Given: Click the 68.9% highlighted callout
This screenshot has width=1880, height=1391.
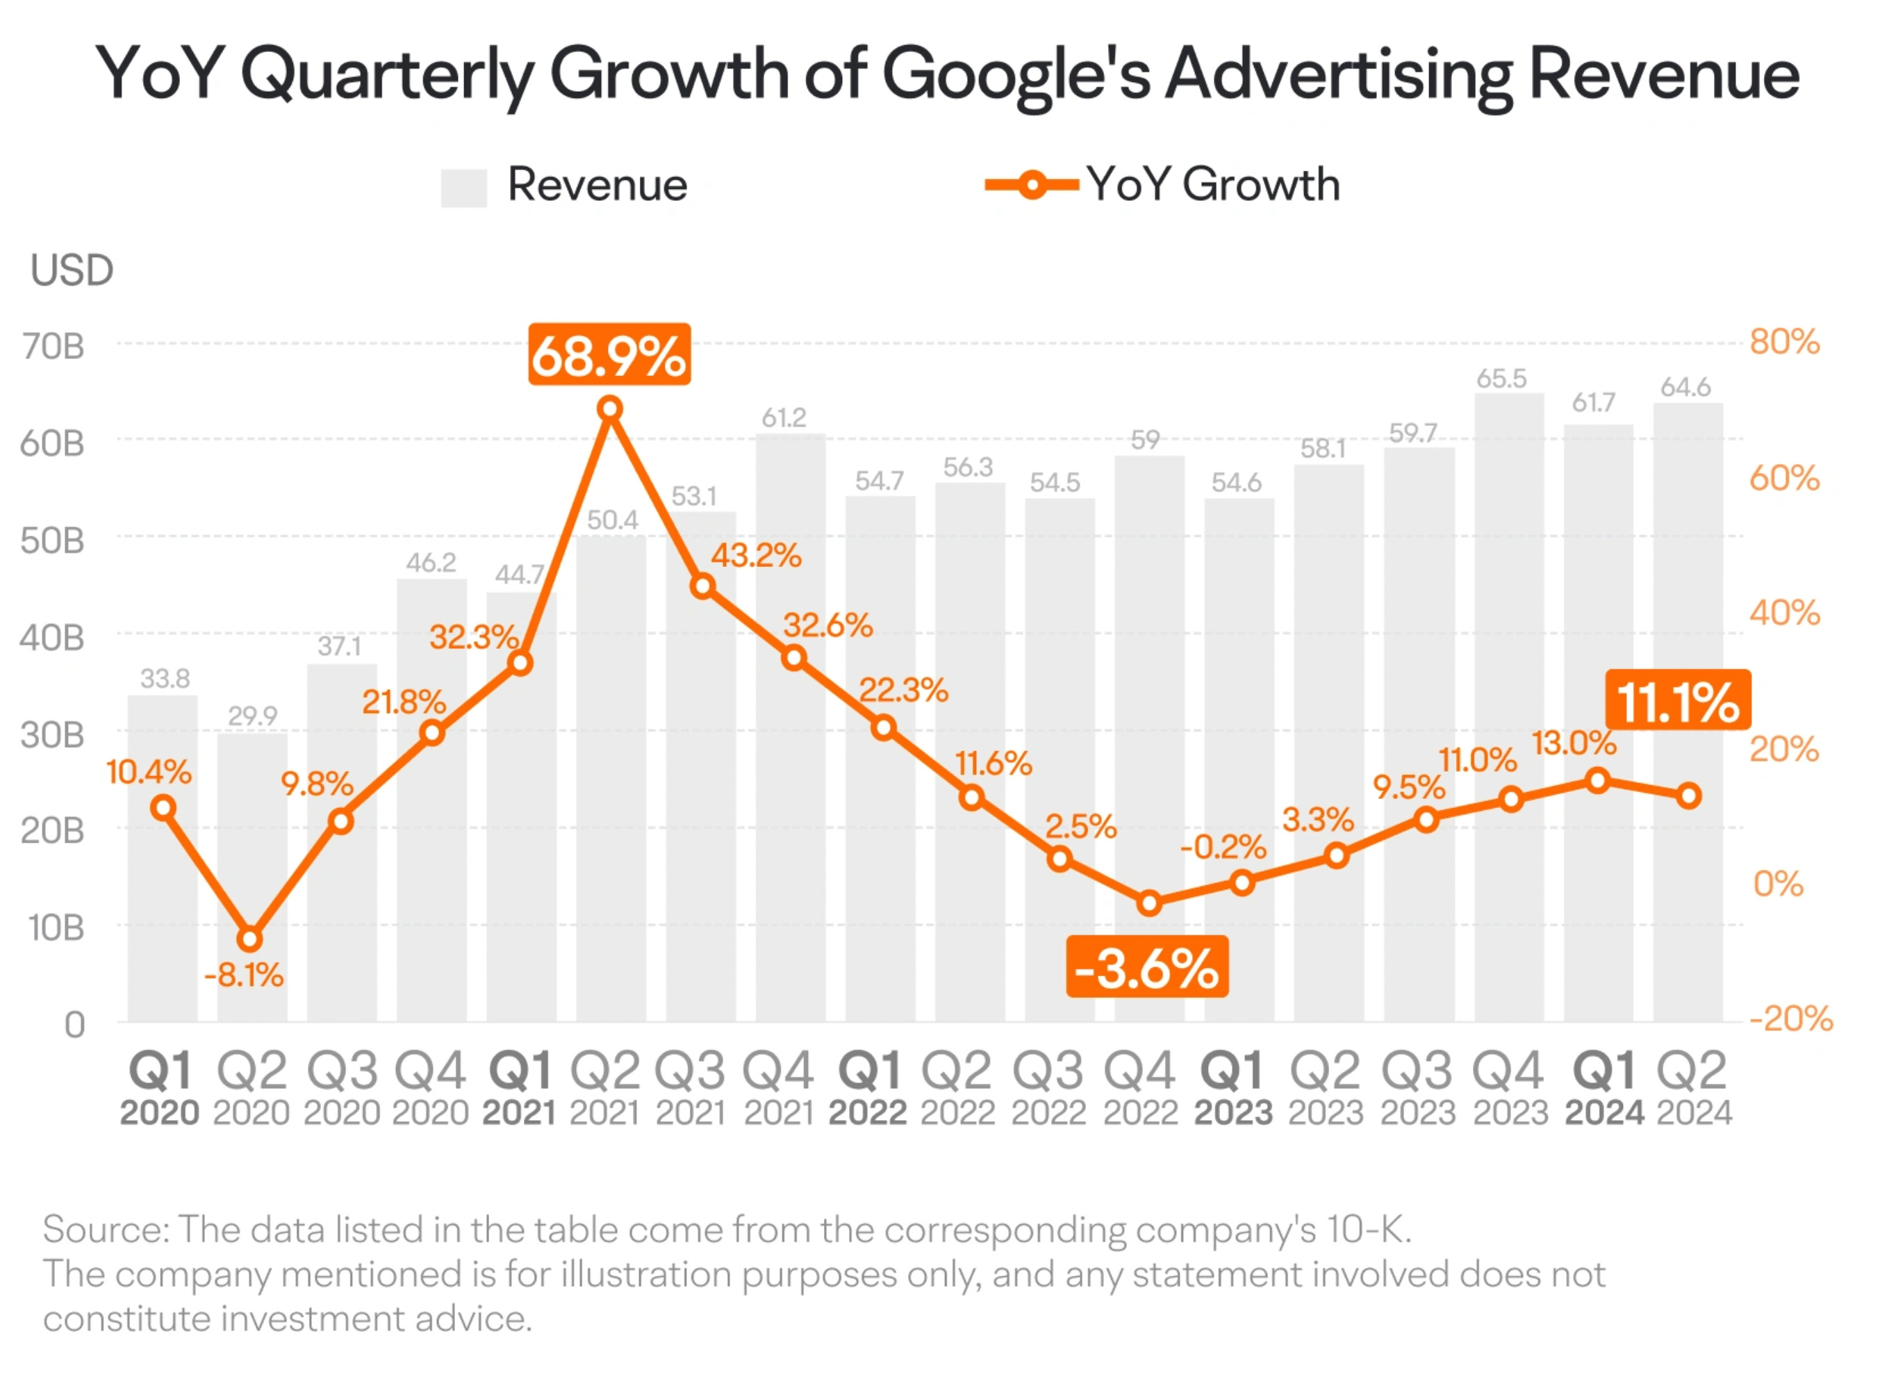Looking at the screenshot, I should pos(609,354).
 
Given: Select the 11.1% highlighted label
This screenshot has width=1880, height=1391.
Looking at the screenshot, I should pos(1677,700).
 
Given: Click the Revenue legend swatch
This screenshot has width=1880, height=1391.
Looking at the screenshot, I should pos(463,187).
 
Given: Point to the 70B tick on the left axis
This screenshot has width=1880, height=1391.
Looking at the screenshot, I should pos(53,346).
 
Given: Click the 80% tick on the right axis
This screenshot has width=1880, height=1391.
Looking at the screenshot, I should pos(1784,342).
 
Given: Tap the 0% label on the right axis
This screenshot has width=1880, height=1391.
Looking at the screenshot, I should pos(1777,884).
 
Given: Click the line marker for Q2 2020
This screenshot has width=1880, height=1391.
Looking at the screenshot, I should pos(249,938).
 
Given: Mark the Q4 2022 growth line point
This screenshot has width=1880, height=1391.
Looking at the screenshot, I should pos(1149,903).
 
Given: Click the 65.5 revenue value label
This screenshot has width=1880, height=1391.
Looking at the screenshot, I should pos(1501,379).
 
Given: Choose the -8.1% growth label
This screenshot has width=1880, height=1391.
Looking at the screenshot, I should pos(243,975).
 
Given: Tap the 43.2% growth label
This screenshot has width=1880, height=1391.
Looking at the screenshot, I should pos(756,556).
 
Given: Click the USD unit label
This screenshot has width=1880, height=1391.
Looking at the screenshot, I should pos(72,270).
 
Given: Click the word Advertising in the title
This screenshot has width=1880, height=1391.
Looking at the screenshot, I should pos(1339,74).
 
